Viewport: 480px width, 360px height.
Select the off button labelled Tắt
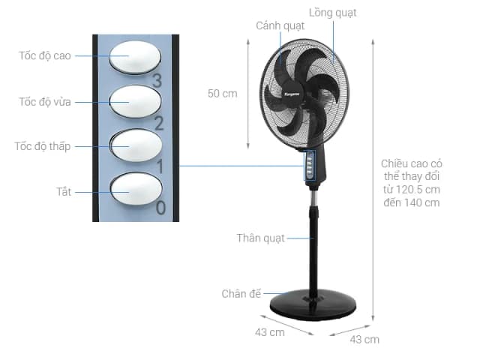coord(135,190)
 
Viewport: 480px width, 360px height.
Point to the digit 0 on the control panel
coord(160,208)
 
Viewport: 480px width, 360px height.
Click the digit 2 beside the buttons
coord(158,123)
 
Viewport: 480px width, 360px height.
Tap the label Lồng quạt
coord(332,13)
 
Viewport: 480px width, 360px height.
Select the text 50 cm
coord(222,94)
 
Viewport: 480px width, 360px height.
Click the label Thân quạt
coord(260,238)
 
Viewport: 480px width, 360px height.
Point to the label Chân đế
coord(241,293)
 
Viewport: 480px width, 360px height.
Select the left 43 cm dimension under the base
coord(269,331)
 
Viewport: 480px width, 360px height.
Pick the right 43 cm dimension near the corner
coord(364,339)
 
